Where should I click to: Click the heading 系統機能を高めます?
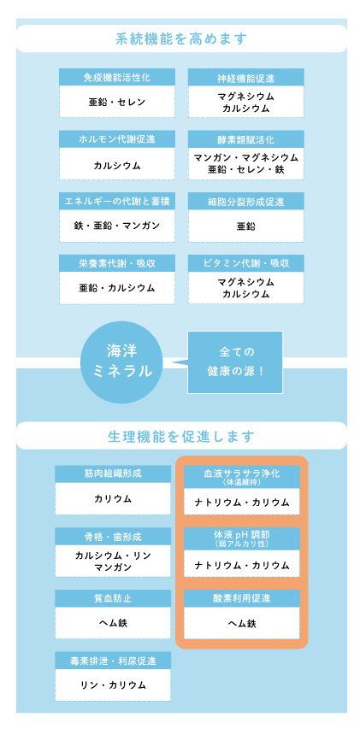coord(180,38)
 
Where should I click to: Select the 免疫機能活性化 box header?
coord(117,77)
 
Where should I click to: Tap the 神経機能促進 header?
coord(246,77)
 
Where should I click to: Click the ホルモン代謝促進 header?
coord(117,139)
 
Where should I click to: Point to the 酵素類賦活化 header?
coord(246,139)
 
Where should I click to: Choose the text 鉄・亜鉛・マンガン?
coord(117,226)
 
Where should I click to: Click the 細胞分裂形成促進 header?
coord(246,202)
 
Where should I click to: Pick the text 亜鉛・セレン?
coord(117,102)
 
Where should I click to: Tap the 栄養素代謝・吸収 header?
coord(117,263)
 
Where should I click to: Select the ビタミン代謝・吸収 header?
coord(246,263)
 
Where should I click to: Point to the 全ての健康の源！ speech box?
coord(235,362)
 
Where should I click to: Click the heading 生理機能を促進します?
coord(181,436)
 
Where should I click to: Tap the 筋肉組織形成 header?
coord(113,473)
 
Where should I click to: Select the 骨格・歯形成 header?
coord(113,536)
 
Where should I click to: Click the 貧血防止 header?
coord(113,598)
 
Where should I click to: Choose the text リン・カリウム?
coord(113,685)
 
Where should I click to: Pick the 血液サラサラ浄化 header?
coord(242,476)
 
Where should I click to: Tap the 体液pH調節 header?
coord(242,538)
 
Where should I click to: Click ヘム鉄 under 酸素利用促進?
coord(242,623)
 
